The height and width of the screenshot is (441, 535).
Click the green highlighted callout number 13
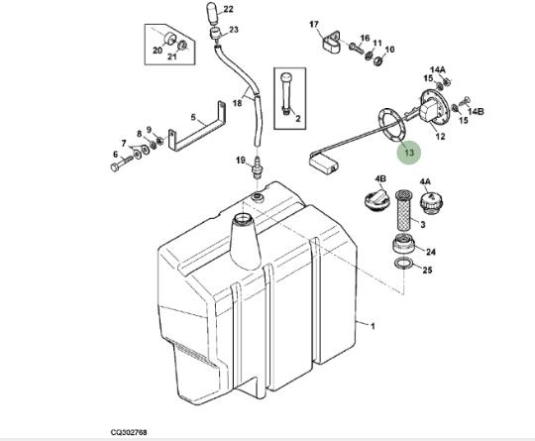tap(409, 153)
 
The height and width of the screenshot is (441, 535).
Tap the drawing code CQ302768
tap(129, 432)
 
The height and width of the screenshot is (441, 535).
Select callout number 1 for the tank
tap(373, 326)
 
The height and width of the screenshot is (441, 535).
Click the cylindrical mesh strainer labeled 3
tap(404, 211)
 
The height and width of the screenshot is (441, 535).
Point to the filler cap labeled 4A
tap(433, 203)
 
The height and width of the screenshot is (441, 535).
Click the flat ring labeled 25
tap(403, 264)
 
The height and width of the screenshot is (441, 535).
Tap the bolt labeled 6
tap(122, 163)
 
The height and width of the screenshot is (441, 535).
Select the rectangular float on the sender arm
tap(323, 164)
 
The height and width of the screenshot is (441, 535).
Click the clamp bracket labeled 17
tap(331, 43)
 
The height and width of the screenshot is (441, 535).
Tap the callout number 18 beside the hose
tap(237, 103)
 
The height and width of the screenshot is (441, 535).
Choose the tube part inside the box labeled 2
tap(286, 94)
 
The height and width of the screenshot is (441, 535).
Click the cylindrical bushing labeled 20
tap(169, 39)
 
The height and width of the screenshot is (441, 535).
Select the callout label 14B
tap(476, 111)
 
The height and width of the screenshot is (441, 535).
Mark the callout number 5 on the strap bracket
tap(193, 117)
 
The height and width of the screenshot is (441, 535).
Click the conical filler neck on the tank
tap(246, 241)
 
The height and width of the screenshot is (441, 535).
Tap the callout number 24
tap(431, 252)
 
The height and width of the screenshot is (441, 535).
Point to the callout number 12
tap(441, 136)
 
